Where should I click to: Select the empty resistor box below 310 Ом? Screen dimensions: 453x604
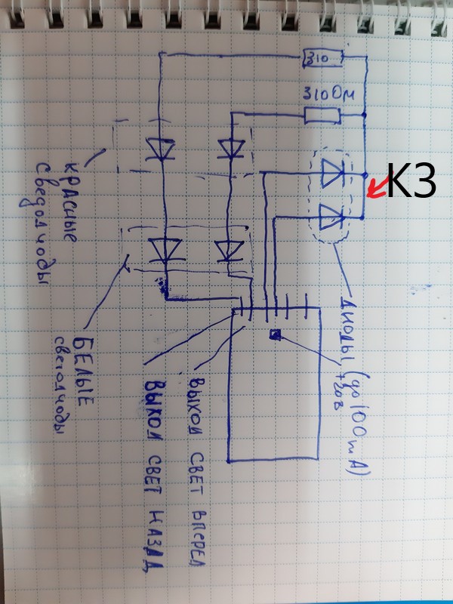pyautogui.click(x=322, y=116)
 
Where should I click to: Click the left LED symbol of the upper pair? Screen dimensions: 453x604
pyautogui.click(x=160, y=148)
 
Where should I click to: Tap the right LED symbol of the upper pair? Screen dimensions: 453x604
pyautogui.click(x=230, y=146)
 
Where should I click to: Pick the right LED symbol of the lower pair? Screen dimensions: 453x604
pyautogui.click(x=227, y=248)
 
